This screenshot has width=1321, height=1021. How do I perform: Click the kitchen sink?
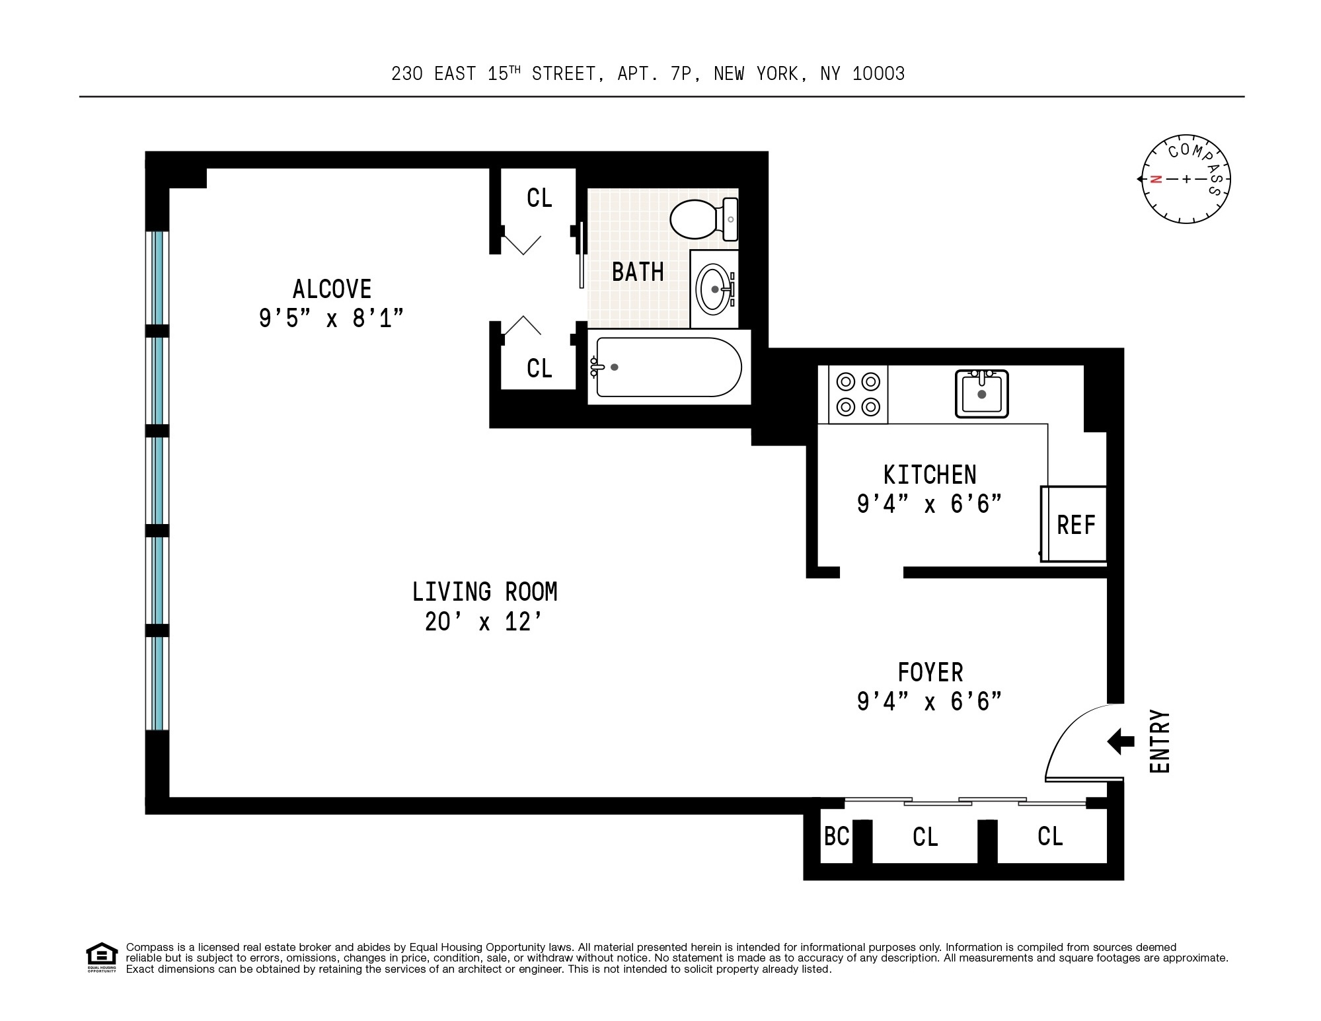(981, 394)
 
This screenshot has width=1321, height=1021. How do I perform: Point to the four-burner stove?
(858, 395)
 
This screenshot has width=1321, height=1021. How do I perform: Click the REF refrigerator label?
(1076, 525)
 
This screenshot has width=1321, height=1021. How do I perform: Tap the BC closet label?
(836, 837)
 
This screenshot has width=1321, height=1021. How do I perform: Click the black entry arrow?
(1121, 741)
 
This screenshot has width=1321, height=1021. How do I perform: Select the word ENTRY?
(1160, 741)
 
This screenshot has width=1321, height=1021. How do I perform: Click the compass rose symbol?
(1186, 179)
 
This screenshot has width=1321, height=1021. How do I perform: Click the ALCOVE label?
(332, 289)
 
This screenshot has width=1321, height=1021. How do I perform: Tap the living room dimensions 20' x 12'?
(484, 622)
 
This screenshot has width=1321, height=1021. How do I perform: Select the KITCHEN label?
(930, 475)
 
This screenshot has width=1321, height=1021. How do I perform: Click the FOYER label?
(930, 673)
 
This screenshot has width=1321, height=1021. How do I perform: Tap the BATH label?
(638, 272)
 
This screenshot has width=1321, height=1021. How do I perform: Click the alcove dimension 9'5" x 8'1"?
(331, 319)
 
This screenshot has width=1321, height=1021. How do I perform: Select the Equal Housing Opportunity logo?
(101, 958)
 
